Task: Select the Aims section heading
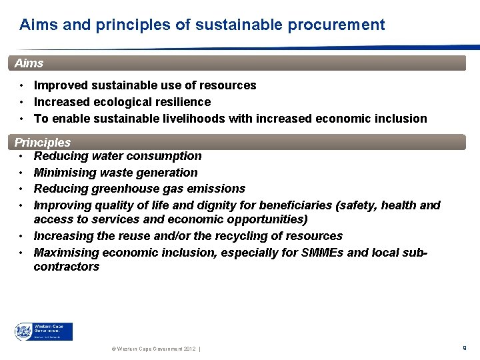(29, 63)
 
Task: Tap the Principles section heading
(43, 143)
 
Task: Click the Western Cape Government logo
(44, 331)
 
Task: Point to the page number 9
(464, 348)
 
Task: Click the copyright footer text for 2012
(153, 349)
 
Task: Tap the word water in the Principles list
(107, 156)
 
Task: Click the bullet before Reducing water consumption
(22, 156)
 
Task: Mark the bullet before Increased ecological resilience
(22, 102)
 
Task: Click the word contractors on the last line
(66, 267)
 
